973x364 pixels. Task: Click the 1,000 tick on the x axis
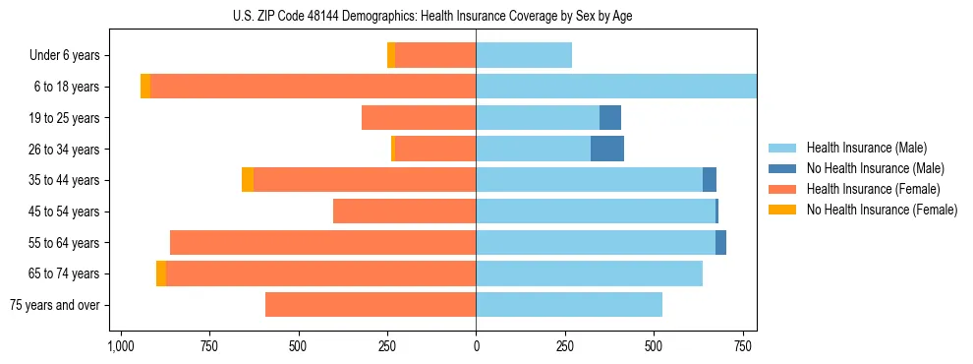pos(120,346)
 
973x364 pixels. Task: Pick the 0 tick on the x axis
pos(476,346)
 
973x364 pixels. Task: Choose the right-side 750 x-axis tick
pos(742,346)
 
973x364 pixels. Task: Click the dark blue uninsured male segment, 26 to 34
pos(607,149)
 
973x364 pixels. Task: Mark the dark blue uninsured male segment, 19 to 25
pos(610,118)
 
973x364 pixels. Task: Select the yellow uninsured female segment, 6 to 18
pos(145,87)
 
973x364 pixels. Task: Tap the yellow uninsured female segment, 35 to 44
pos(248,180)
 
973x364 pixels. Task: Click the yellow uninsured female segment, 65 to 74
pos(161,273)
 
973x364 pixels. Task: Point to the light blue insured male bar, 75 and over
pos(569,305)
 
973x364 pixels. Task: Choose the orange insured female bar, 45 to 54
pos(404,212)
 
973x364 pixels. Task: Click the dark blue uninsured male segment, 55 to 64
pos(720,242)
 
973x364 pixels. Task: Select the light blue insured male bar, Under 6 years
pos(524,56)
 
